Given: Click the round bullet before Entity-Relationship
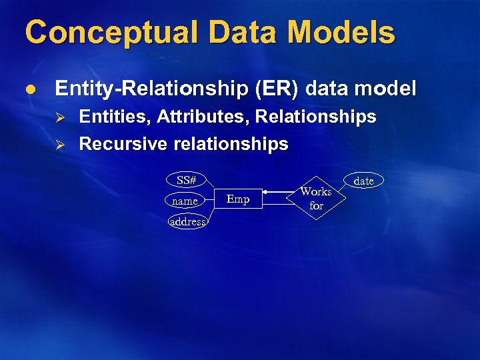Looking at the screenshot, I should [x=31, y=89].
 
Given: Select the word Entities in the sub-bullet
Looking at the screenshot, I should [x=114, y=117].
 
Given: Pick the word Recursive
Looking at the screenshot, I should [x=123, y=144].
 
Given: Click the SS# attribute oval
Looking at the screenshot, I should [x=186, y=180].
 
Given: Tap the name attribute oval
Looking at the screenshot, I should [x=185, y=201].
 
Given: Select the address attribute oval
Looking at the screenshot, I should [x=187, y=221].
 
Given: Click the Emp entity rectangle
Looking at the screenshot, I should [x=238, y=199].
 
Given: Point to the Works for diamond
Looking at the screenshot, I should [x=316, y=198].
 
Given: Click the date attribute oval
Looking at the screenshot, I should [x=363, y=181].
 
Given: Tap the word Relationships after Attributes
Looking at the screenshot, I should [x=316, y=117].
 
